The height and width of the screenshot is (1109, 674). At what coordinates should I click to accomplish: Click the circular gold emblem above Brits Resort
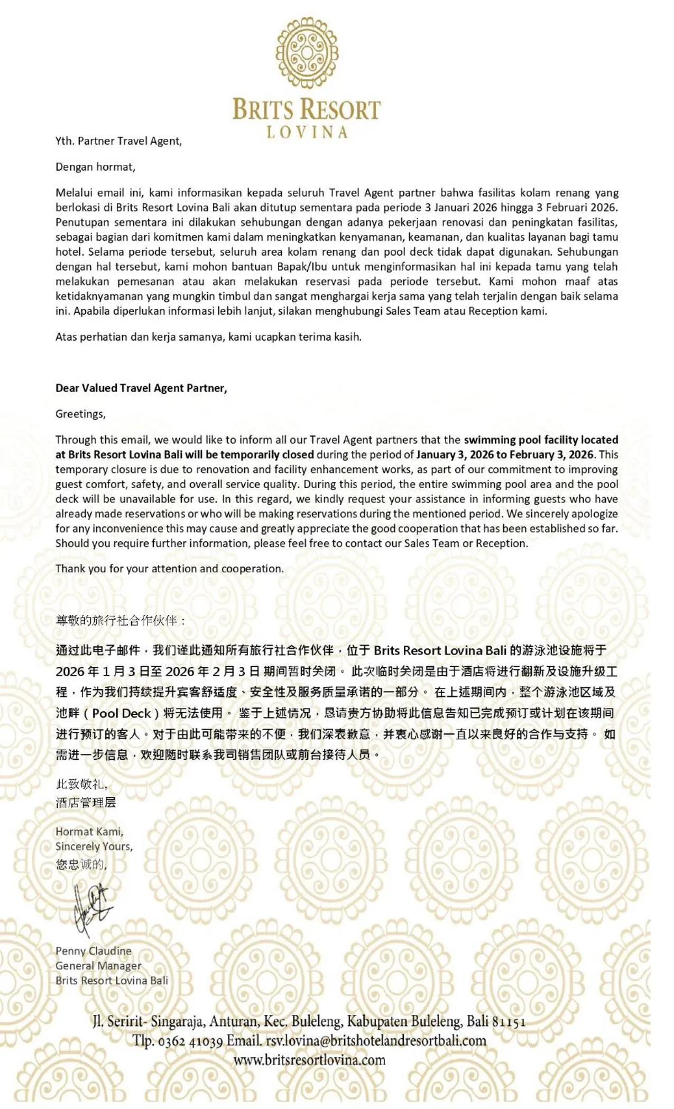tap(307, 52)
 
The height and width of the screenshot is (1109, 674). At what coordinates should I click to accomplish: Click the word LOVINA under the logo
tap(307, 132)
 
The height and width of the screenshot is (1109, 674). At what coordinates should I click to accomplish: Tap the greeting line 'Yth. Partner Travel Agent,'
tap(118, 141)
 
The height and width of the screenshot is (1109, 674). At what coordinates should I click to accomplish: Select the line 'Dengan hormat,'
tap(95, 167)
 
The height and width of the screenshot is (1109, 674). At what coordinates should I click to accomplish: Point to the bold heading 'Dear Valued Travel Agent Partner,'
tap(141, 388)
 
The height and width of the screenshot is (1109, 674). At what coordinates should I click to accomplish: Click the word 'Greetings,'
tap(80, 414)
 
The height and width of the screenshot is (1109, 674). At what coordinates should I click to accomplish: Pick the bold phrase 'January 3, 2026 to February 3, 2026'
tap(504, 454)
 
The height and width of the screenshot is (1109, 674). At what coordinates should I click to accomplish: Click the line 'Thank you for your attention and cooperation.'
tap(170, 569)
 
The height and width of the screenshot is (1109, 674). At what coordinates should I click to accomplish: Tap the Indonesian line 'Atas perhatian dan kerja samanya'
tap(208, 337)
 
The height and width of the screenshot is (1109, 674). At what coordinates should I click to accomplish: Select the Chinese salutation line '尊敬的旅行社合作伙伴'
tap(121, 620)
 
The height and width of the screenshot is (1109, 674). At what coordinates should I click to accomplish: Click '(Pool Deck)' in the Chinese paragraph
tap(122, 713)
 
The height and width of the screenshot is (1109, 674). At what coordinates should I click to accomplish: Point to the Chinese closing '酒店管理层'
tap(86, 803)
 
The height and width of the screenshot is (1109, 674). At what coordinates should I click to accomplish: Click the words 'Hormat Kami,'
tap(89, 832)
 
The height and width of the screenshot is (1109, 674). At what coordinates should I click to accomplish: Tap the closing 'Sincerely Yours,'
tap(94, 846)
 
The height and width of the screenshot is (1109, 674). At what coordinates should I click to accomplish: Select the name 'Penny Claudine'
tap(94, 951)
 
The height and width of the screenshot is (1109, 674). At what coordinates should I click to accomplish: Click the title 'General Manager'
tap(98, 966)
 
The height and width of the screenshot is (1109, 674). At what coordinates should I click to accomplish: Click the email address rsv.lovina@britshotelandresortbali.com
tap(376, 1040)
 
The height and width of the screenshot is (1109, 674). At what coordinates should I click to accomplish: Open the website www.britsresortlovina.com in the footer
tap(309, 1059)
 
